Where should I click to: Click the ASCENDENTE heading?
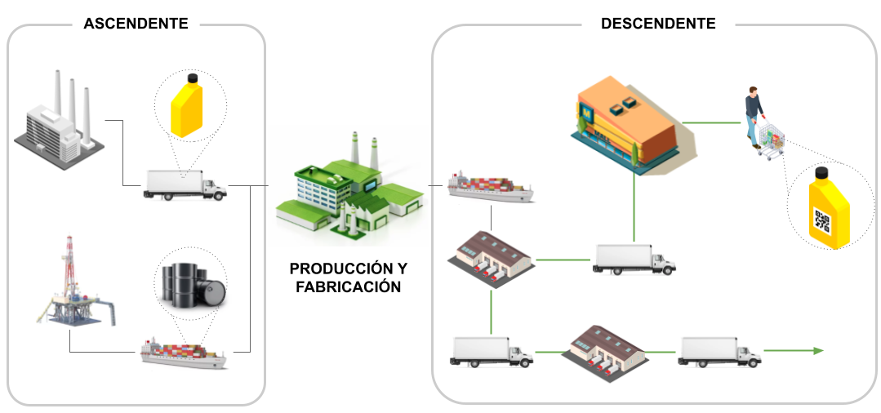coord(136,24)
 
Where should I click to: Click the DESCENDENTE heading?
coord(658,24)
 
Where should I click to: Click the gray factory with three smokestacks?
coord(54,122)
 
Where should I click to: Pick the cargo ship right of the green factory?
coord(491,188)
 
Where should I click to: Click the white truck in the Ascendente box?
coord(185,184)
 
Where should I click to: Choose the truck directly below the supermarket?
coord(634,260)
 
